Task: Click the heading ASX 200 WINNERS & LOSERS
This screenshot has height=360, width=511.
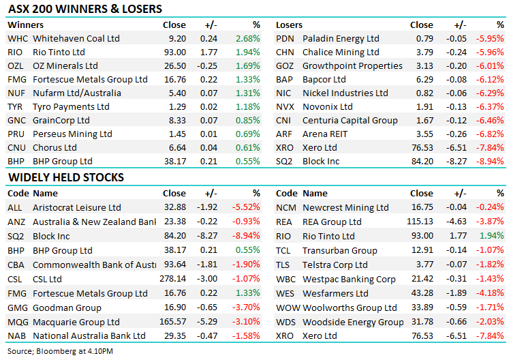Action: (x=84, y=10)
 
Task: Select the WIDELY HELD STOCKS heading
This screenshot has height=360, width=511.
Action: (x=65, y=177)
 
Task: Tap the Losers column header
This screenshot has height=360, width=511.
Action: (x=289, y=25)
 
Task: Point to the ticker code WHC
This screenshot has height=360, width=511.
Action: (x=17, y=39)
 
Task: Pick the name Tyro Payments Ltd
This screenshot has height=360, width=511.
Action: (x=71, y=107)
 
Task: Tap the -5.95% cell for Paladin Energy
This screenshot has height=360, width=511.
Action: (x=491, y=39)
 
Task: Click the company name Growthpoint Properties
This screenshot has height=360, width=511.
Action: (x=352, y=66)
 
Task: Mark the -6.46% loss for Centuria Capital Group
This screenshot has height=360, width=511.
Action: (x=491, y=121)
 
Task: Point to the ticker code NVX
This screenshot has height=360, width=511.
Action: (x=285, y=107)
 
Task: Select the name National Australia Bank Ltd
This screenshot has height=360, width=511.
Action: (x=89, y=336)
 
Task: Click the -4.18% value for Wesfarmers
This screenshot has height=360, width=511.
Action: (x=491, y=292)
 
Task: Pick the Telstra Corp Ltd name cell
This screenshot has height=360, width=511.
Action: (x=335, y=265)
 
